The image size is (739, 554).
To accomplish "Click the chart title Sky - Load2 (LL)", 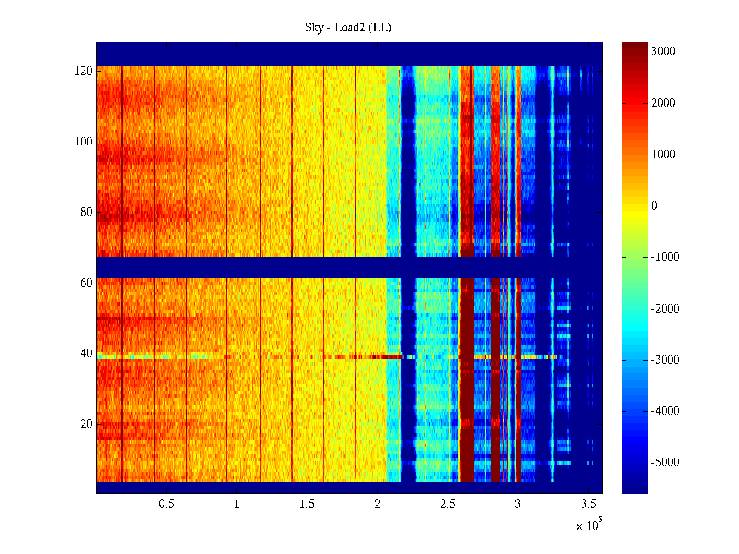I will (348, 28).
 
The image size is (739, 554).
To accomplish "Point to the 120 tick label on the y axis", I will (84, 71).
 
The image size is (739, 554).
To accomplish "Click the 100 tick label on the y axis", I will (84, 142).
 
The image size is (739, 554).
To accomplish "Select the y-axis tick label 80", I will (86, 212).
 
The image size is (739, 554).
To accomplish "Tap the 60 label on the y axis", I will (86, 283).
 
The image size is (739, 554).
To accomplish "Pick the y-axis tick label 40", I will (86, 354).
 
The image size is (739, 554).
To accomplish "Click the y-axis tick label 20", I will (86, 424).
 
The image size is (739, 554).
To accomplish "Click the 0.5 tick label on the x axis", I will (166, 504).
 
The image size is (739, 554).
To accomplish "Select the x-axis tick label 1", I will (236, 504).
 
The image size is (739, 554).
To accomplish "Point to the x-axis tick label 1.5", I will (307, 504).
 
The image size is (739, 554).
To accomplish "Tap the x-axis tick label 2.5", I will (448, 504).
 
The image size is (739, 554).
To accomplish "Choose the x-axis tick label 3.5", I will (588, 504).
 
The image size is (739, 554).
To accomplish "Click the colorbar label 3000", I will (663, 52).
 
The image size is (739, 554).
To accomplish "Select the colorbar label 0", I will (654, 206).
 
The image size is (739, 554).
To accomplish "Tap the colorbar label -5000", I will (665, 463).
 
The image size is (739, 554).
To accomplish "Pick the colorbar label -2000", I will (665, 309).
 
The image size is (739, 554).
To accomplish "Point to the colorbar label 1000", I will (663, 155).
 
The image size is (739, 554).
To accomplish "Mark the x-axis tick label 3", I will (518, 504).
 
